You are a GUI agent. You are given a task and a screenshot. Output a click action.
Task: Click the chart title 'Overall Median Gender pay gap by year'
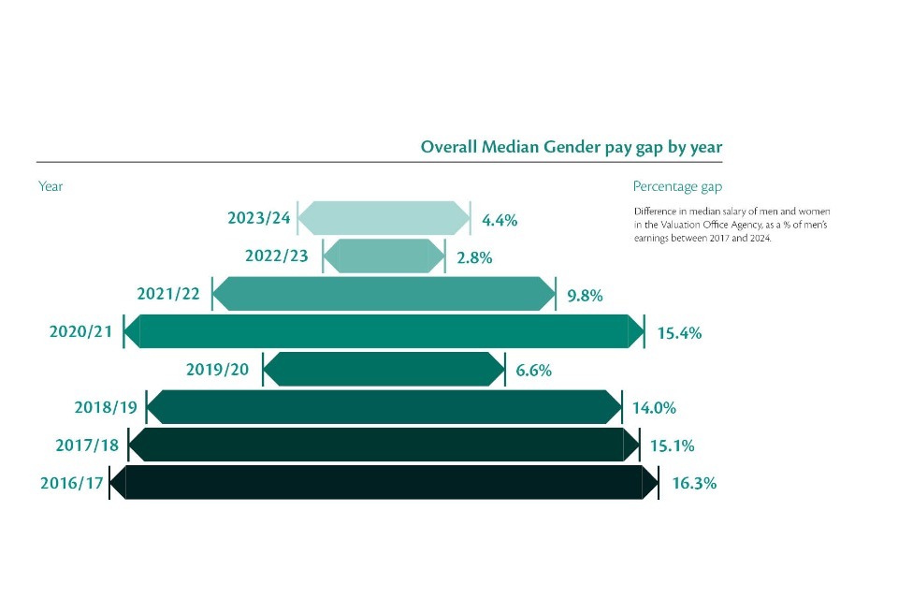571,147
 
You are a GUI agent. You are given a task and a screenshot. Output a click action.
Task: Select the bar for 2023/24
384,218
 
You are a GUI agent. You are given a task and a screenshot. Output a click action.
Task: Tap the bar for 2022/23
384,256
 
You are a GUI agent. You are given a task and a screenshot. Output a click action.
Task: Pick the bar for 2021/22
384,294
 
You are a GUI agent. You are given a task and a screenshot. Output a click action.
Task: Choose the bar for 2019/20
384,369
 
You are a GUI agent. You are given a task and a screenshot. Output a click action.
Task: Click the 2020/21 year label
82,331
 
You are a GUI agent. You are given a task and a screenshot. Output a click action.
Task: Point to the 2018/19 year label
106,407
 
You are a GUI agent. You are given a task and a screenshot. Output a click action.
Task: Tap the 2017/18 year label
88,445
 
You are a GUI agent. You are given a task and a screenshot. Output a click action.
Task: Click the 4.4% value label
500,220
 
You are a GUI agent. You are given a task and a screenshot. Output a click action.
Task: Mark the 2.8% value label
473,257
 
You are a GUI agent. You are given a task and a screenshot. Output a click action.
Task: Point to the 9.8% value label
585,296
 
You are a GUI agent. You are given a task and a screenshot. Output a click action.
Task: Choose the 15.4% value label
679,333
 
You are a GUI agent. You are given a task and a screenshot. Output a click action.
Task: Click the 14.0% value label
654,408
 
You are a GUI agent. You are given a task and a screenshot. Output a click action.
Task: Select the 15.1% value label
671,446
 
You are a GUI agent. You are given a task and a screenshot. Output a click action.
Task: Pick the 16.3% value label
694,484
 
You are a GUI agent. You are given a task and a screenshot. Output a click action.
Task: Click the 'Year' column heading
51,186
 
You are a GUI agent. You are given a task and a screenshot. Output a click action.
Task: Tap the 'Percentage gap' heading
677,186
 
